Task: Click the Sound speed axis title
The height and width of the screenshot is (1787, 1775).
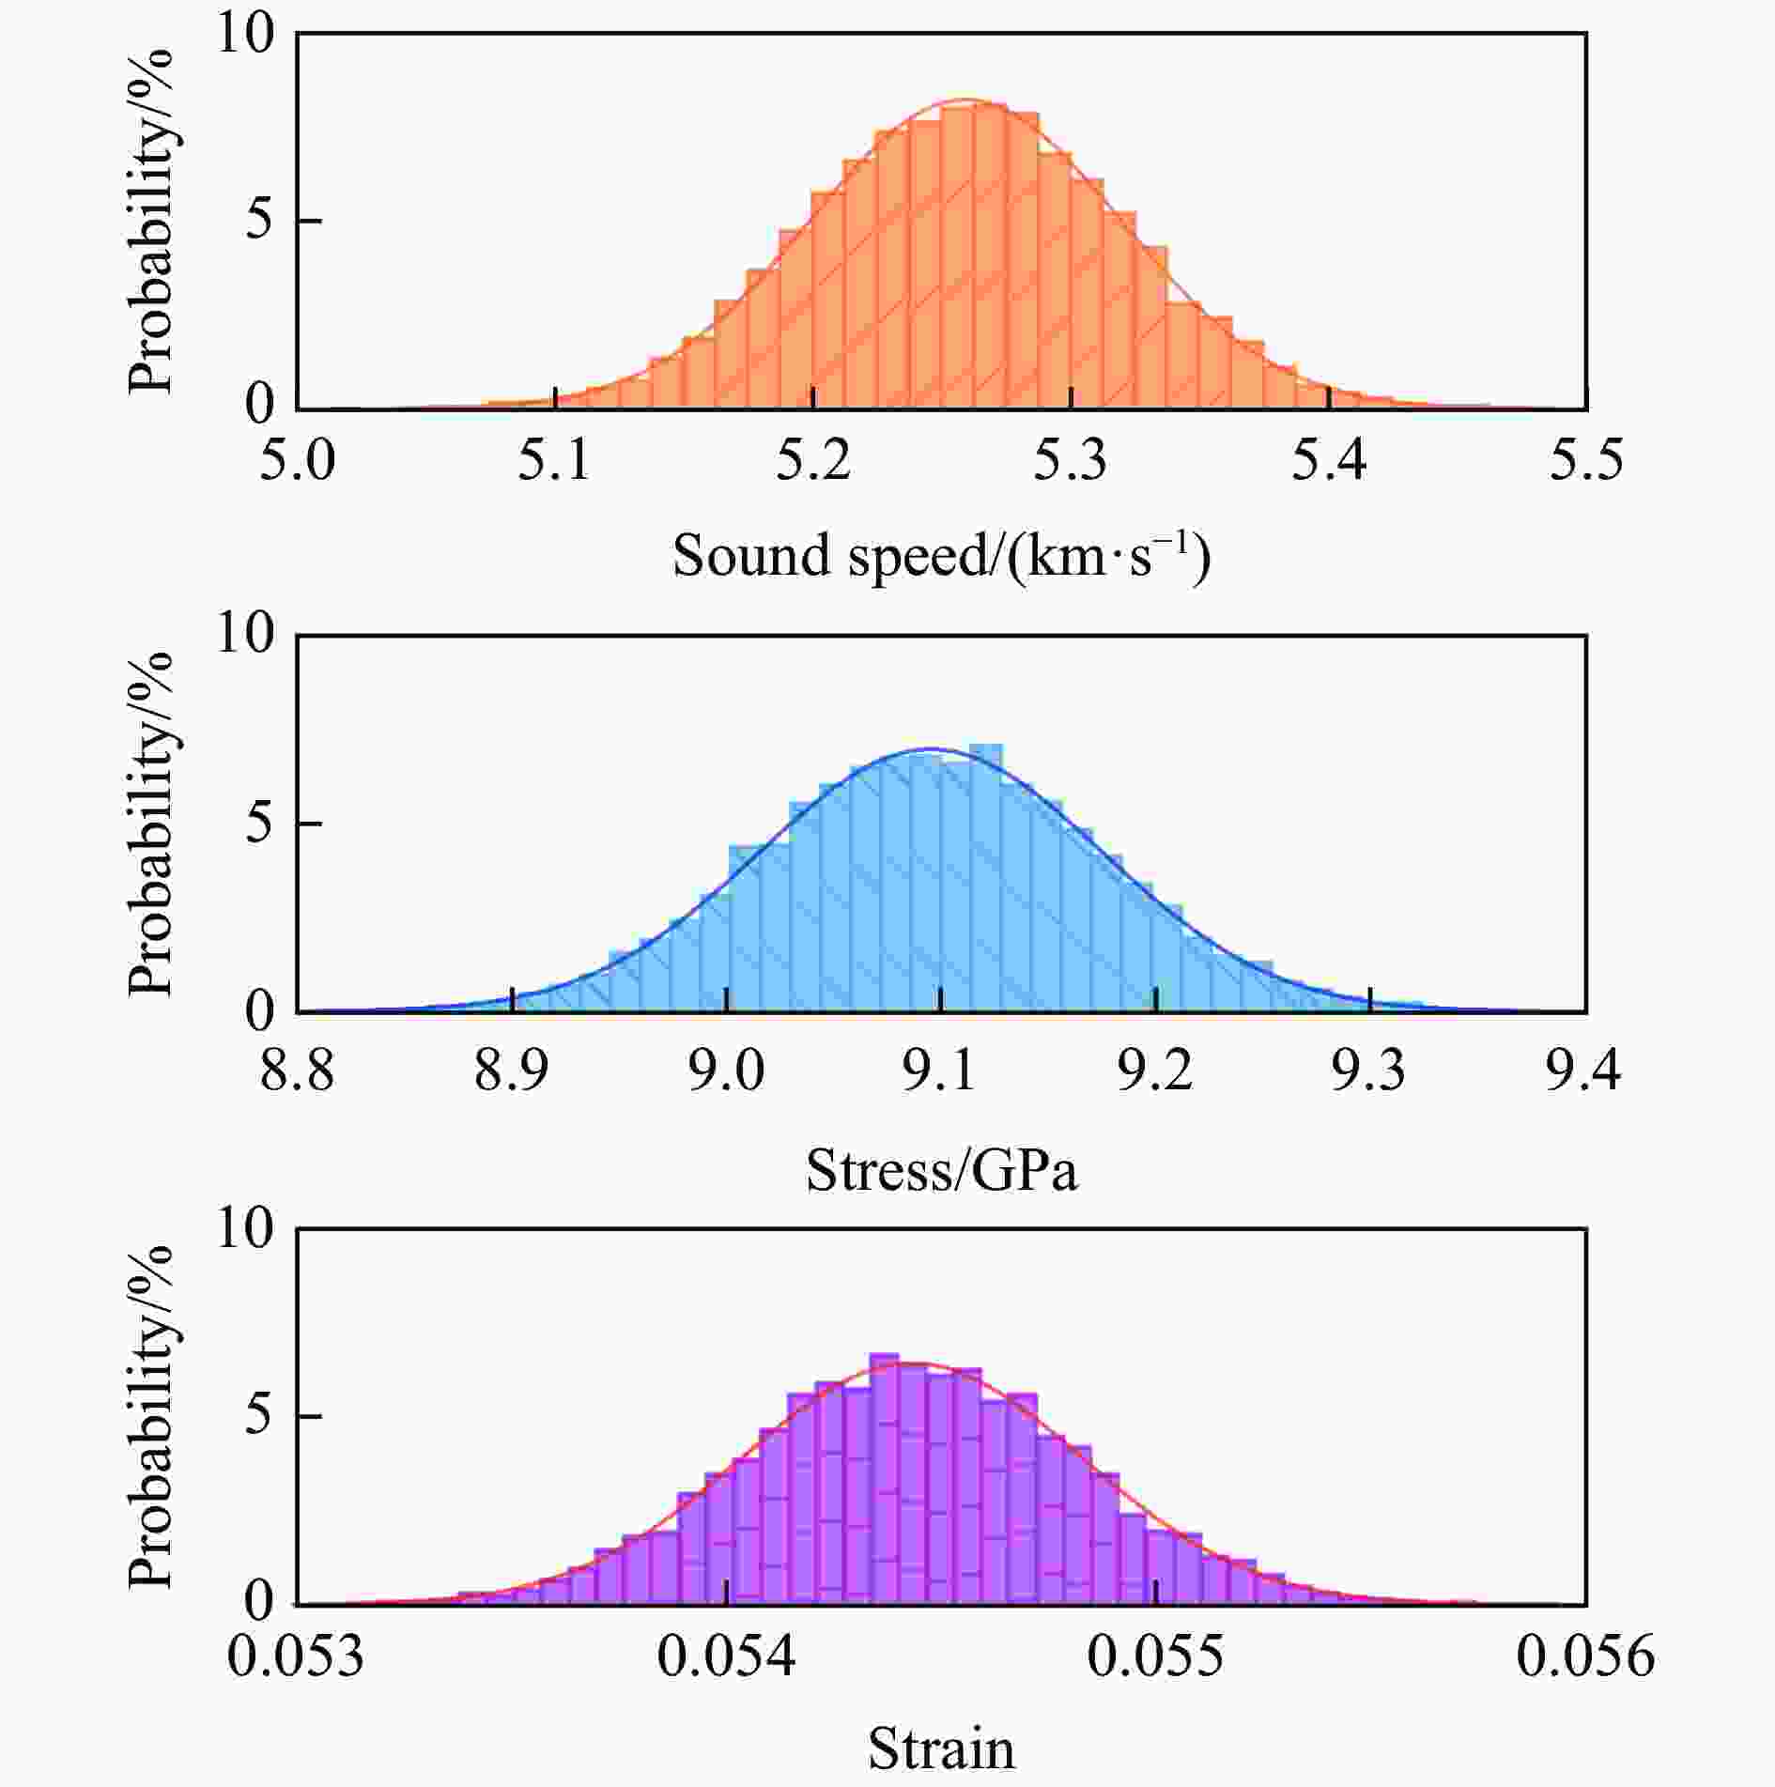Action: pyautogui.click(x=941, y=556)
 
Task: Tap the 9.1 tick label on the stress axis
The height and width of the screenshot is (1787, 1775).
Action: pyautogui.click(x=941, y=1070)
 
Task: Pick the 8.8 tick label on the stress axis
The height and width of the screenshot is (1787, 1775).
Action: pyautogui.click(x=297, y=1070)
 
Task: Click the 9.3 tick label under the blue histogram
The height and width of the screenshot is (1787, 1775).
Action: pyautogui.click(x=1369, y=1070)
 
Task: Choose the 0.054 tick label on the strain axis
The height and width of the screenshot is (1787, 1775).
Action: pyautogui.click(x=726, y=1656)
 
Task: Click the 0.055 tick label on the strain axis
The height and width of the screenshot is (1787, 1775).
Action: pyautogui.click(x=1156, y=1656)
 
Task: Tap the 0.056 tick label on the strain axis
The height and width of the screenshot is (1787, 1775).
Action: pyautogui.click(x=1585, y=1656)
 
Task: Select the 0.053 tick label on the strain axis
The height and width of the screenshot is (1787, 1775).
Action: pyautogui.click(x=297, y=1656)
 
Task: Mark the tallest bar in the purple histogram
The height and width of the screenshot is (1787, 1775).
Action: pyautogui.click(x=884, y=1484)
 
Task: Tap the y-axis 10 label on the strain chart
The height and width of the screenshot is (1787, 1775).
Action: pyautogui.click(x=246, y=1228)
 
